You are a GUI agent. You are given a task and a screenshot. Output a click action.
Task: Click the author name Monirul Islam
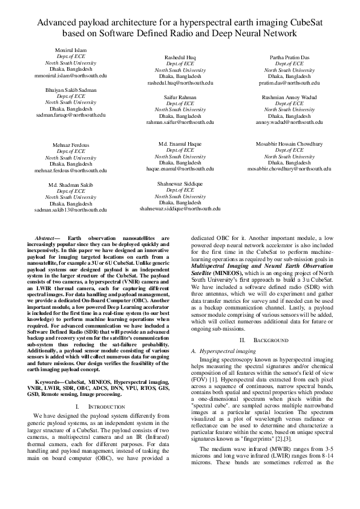coord(71,50)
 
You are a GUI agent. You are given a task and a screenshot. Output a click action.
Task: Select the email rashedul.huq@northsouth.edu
coord(180,83)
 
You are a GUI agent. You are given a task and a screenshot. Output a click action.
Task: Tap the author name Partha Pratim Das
coord(289,57)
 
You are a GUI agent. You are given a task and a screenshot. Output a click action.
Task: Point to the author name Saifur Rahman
coord(180,97)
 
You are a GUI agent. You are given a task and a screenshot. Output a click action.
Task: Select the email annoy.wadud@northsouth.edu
coord(289,122)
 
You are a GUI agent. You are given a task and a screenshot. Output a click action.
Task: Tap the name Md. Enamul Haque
coord(180,144)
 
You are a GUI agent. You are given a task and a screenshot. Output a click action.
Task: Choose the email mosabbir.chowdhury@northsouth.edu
coord(289,170)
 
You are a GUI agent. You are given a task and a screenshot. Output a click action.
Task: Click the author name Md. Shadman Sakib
coord(71,184)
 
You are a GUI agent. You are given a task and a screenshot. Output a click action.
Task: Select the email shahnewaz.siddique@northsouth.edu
coord(180,209)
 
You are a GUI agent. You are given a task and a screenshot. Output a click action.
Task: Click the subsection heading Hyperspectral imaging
coord(229,351)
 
